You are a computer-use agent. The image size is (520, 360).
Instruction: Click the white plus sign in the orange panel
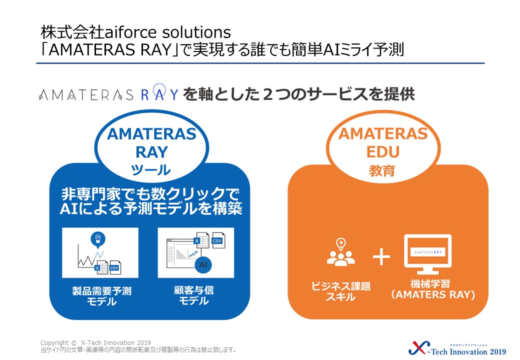[x=381, y=256]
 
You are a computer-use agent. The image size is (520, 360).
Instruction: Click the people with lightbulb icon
[x=341, y=252]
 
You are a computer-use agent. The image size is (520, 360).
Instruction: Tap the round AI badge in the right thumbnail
[x=203, y=264]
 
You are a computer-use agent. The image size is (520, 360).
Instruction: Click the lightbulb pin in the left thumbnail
[x=98, y=239]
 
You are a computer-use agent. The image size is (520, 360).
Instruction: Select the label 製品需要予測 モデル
[x=102, y=296]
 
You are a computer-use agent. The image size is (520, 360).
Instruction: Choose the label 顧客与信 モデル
[x=194, y=295]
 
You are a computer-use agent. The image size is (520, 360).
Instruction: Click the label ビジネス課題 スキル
[x=341, y=291]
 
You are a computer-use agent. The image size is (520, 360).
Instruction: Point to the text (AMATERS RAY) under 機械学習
[x=433, y=294]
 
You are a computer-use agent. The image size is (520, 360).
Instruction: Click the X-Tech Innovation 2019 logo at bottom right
[x=457, y=348]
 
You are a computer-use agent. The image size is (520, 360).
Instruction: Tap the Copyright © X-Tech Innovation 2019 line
[x=95, y=343]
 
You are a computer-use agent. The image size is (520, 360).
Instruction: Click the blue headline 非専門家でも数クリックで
[x=150, y=193]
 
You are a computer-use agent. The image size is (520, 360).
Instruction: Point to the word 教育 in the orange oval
[x=382, y=171]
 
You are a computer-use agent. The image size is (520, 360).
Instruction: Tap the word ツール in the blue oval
[x=151, y=170]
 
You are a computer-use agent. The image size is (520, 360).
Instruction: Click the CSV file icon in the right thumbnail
[x=218, y=239]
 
